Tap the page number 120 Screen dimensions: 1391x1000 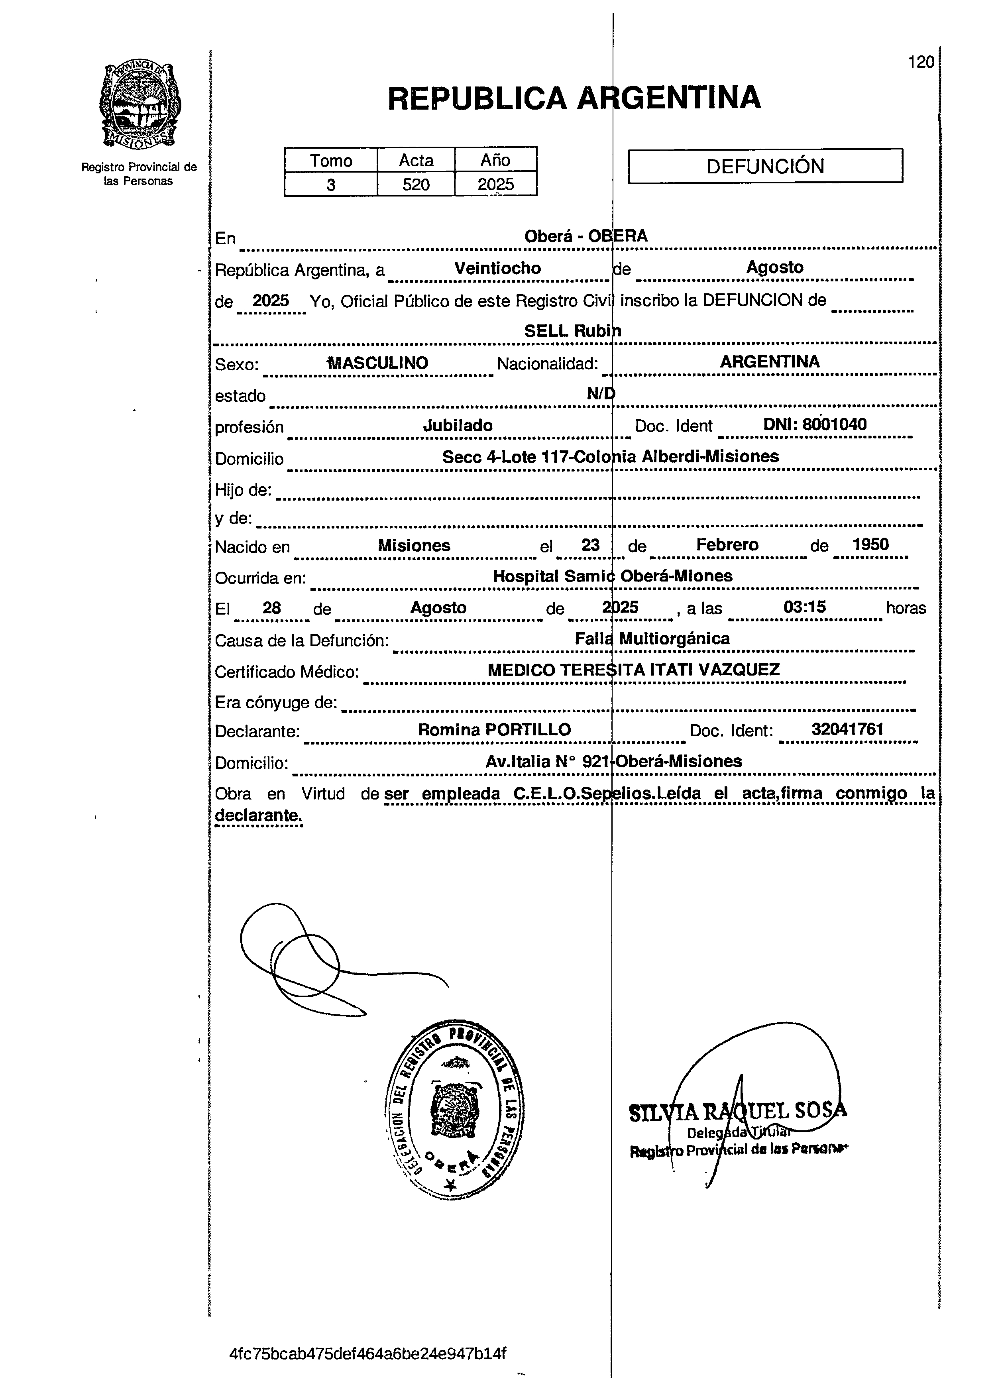click(x=921, y=62)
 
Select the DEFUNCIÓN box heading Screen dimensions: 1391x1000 click(x=765, y=166)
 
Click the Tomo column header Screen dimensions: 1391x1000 click(x=331, y=161)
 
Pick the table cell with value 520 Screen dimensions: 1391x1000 click(x=416, y=185)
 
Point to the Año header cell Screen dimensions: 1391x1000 click(x=495, y=161)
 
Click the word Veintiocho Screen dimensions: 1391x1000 click(x=497, y=269)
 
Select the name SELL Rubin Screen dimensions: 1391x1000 click(x=572, y=331)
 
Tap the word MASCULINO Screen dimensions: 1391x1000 click(x=378, y=363)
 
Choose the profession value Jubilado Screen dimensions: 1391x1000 click(x=458, y=426)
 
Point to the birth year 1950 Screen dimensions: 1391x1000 click(x=870, y=544)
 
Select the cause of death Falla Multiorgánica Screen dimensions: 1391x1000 click(x=652, y=639)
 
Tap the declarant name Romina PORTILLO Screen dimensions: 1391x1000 click(x=495, y=730)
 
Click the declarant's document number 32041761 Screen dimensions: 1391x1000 click(x=847, y=729)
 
